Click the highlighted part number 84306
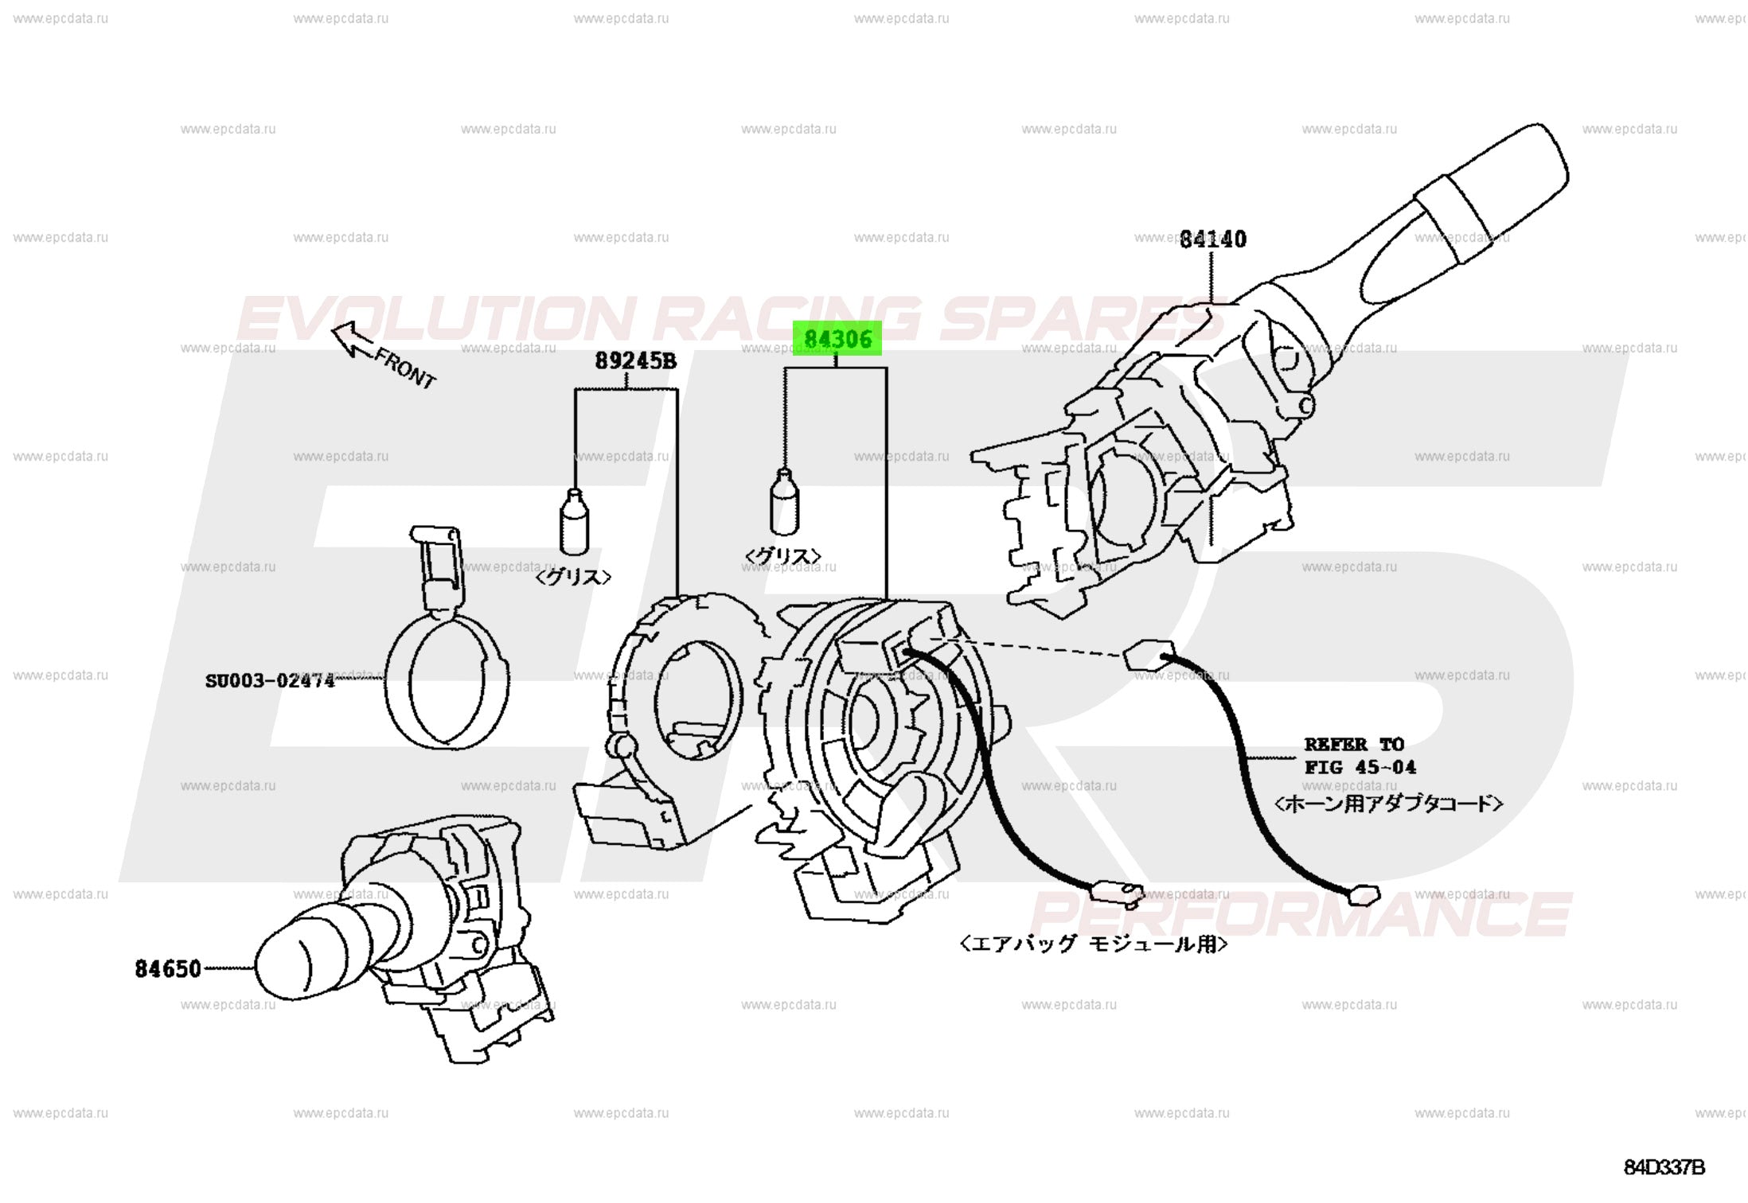click(837, 339)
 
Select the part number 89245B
click(635, 361)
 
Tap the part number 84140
click(1212, 239)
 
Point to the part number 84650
click(168, 968)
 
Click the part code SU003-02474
click(270, 681)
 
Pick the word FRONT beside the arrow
click(406, 368)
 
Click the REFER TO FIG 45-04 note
click(1359, 756)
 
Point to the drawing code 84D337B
click(1664, 1167)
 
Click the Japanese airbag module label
click(1094, 944)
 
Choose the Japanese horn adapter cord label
click(1388, 804)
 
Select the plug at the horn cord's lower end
click(1364, 895)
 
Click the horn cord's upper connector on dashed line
click(1148, 655)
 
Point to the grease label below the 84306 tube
click(782, 555)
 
